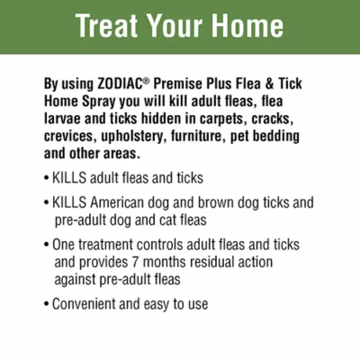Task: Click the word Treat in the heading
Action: (x=107, y=25)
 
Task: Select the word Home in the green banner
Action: (x=247, y=25)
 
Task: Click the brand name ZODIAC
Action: (x=120, y=84)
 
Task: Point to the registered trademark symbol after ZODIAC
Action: (x=146, y=81)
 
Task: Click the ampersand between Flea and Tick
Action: (x=269, y=84)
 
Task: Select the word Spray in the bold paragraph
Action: (x=99, y=102)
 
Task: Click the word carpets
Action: (x=223, y=119)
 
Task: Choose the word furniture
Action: (x=199, y=137)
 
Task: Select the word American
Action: (x=117, y=202)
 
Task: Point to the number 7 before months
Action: (x=135, y=262)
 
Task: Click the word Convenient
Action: (x=84, y=304)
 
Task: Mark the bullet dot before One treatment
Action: (x=46, y=245)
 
